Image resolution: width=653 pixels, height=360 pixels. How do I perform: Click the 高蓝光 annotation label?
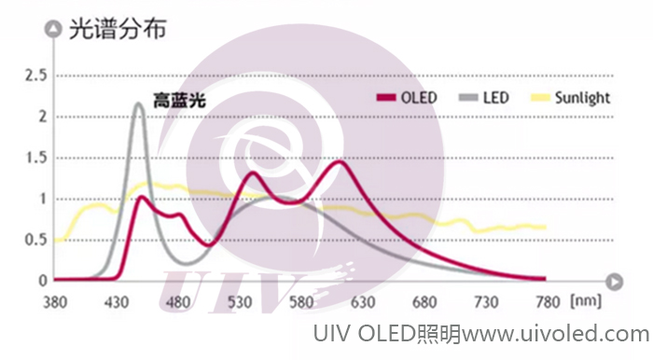179,99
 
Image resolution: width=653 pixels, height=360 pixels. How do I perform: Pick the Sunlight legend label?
583,98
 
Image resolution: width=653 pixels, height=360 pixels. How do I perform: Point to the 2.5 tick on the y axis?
35,76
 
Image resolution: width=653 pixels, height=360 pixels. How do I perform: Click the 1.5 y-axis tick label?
35,158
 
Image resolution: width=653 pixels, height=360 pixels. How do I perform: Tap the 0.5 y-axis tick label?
35,240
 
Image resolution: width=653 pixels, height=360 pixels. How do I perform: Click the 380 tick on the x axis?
56,302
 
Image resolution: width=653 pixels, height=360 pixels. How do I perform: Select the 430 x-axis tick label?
118,302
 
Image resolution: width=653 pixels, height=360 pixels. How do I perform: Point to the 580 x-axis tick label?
301,302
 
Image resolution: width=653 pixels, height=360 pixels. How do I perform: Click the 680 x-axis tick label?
424,302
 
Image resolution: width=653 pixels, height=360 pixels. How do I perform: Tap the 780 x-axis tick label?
548,302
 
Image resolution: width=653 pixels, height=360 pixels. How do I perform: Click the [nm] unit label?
588,302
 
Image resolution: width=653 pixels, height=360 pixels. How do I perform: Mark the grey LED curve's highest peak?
138,104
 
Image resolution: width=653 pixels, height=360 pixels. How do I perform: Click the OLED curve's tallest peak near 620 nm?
341,162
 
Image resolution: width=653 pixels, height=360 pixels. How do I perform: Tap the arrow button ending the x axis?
614,280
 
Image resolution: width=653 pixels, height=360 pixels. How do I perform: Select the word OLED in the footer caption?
383,334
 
